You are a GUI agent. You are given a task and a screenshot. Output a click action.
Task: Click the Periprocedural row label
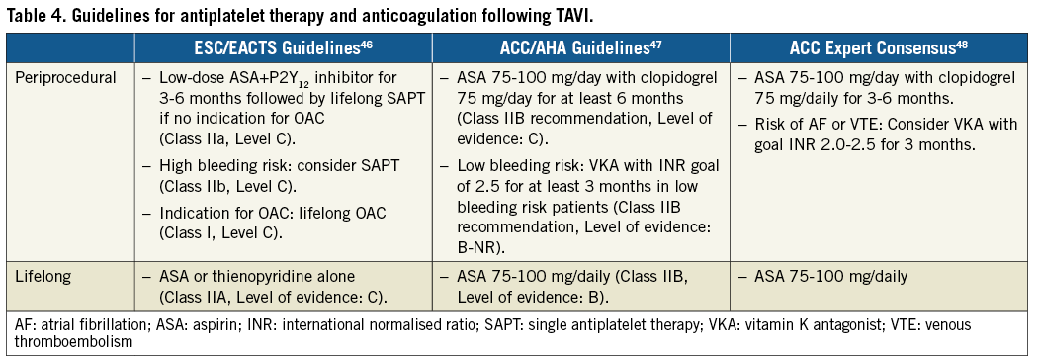pos(65,79)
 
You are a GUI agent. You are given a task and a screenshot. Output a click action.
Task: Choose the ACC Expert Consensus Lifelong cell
pos(831,277)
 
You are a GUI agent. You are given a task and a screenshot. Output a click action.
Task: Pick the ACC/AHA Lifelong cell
pos(564,286)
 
